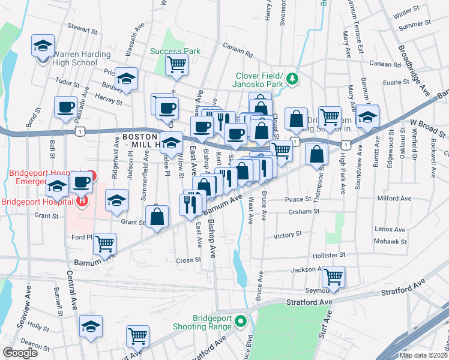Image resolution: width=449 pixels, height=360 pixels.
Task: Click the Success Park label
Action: click(175, 51)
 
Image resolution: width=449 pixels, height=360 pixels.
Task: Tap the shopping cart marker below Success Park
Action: click(176, 64)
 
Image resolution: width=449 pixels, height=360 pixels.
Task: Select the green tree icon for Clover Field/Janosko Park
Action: click(292, 78)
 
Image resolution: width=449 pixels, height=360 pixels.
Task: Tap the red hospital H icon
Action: click(82, 201)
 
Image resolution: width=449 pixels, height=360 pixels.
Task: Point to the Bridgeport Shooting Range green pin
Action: click(241, 320)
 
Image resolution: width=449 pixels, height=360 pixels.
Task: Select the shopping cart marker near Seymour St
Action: click(333, 277)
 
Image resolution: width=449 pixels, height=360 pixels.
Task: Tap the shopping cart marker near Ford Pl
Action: click(104, 244)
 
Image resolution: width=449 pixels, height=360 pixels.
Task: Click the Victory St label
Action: click(287, 235)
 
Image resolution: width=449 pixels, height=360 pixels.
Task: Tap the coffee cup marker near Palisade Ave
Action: click(65, 108)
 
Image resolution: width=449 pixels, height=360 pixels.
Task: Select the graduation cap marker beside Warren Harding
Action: click(43, 46)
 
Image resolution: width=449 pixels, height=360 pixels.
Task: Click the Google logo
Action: click(20, 353)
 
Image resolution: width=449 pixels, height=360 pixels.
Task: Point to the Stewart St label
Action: click(82, 28)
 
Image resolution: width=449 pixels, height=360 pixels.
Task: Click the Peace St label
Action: click(298, 199)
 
